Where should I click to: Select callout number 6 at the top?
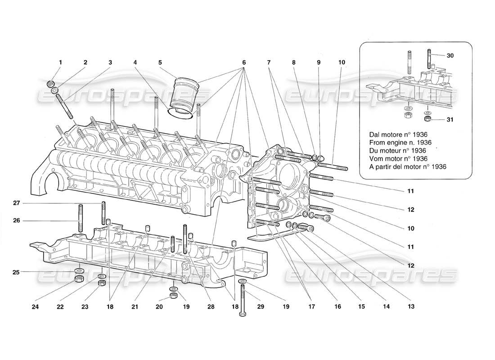click(x=243, y=62)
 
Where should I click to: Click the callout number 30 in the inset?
click(x=450, y=55)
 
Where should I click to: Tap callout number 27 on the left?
click(x=16, y=203)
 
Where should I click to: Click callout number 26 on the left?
click(x=16, y=220)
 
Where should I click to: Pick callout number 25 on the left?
click(x=16, y=272)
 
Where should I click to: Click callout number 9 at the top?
click(x=319, y=62)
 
